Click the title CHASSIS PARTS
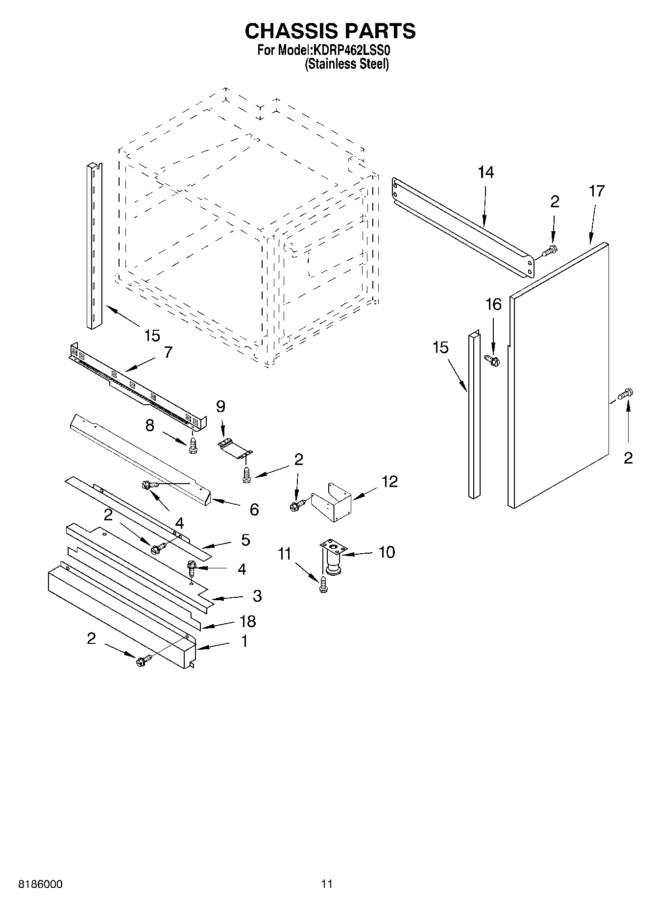[x=330, y=31]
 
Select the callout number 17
[x=596, y=191]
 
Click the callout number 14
[x=486, y=172]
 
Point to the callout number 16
[x=493, y=305]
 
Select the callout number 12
[x=389, y=482]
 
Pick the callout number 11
[x=284, y=554]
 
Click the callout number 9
[x=220, y=406]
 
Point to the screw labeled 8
[x=194, y=445]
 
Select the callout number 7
[x=168, y=352]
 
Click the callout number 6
[x=254, y=510]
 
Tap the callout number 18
[x=248, y=621]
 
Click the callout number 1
[x=244, y=641]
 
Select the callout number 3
[x=257, y=596]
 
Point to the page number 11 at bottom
[x=327, y=884]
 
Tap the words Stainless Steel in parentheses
[x=346, y=64]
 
